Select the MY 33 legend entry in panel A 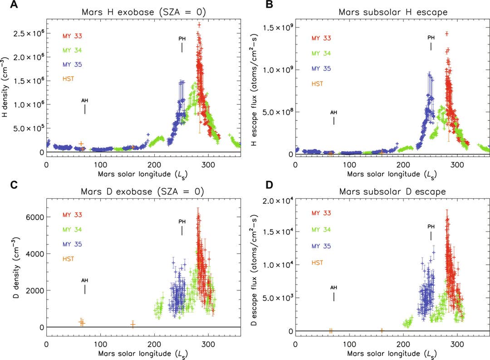[x=73, y=35]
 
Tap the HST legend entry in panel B [x=317, y=84]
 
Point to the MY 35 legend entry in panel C [x=73, y=244]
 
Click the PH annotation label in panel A [x=182, y=39]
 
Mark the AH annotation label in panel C [x=84, y=280]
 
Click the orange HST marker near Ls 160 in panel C [x=133, y=324]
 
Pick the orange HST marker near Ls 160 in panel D [x=382, y=330]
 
